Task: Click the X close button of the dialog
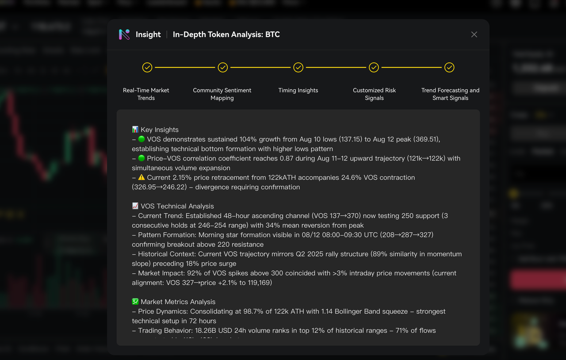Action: tap(474, 34)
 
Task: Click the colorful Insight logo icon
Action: tap(124, 34)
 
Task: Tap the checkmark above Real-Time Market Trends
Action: tap(147, 67)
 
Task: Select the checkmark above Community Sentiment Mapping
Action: tap(223, 67)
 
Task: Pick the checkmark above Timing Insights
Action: tap(298, 67)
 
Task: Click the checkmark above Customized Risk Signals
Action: tap(374, 67)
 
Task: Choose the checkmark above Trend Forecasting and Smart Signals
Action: tap(449, 67)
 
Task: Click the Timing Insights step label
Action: tap(298, 90)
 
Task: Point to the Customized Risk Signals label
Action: tap(374, 94)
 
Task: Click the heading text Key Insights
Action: tap(160, 130)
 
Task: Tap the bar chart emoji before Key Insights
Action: tap(135, 130)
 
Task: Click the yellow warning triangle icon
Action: tap(141, 177)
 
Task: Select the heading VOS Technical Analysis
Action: tap(177, 206)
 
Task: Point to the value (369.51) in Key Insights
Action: tap(425, 139)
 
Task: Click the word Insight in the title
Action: tap(148, 34)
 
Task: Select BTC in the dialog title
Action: tap(272, 34)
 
